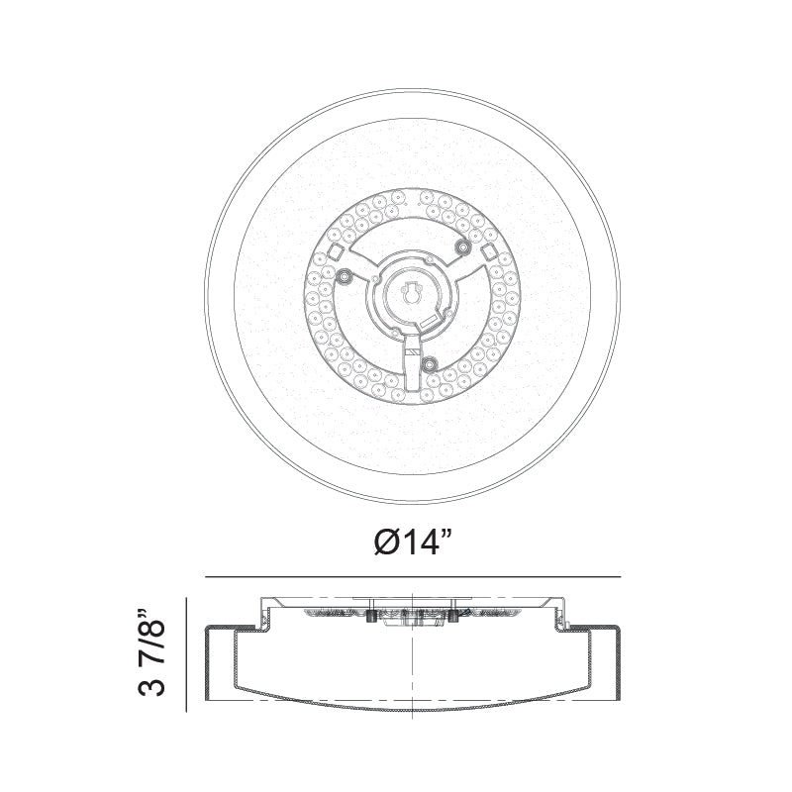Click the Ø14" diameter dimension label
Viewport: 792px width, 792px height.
413,543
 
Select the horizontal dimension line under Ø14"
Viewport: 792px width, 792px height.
413,577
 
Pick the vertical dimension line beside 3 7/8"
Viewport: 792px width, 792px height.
187,655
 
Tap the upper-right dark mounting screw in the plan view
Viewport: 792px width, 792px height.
462,247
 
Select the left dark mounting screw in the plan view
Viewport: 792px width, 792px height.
345,275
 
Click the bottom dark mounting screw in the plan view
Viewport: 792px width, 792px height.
430,362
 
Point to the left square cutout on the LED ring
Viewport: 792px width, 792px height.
336,251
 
